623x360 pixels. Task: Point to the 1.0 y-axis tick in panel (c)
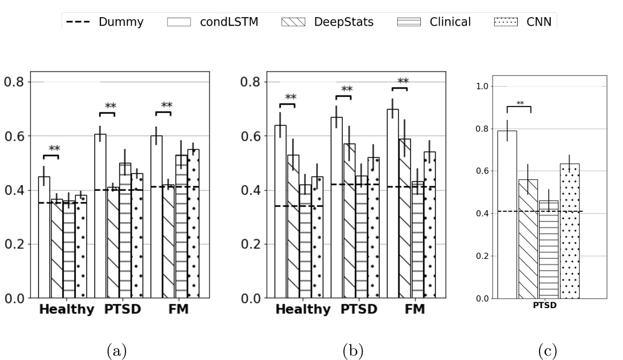483,86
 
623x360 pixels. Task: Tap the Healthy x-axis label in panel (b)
303,310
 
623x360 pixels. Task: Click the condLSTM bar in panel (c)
507,214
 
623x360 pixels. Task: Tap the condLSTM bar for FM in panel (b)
393,203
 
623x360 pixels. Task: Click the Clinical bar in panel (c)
549,249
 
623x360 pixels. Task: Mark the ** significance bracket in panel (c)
519,106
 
